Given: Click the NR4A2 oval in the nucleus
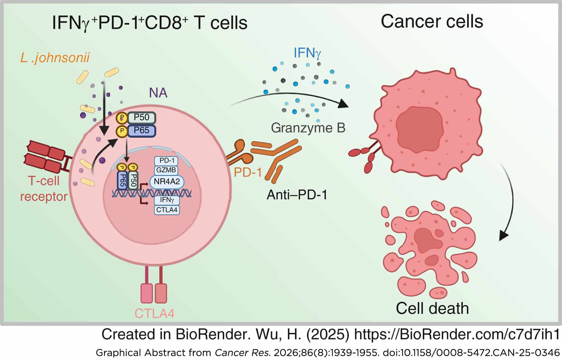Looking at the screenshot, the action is [x=167, y=182].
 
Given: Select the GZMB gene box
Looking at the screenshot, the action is [x=167, y=170].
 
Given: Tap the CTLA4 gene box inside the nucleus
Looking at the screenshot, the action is [x=167, y=210].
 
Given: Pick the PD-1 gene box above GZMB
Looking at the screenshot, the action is [x=167, y=161].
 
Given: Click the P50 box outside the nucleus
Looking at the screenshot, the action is [x=141, y=117].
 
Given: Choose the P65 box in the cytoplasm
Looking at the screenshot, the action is [x=141, y=131].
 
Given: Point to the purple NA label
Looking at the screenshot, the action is [x=158, y=93].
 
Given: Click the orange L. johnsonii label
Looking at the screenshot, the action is [x=55, y=58].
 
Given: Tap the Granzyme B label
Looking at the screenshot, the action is [x=308, y=128].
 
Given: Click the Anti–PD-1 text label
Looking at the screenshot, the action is [x=297, y=195].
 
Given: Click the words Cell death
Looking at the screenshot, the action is [x=432, y=308].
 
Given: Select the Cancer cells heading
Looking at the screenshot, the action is [x=432, y=22].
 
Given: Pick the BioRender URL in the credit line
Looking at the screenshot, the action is [x=457, y=335].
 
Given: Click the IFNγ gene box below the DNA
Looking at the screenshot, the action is [x=167, y=200].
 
